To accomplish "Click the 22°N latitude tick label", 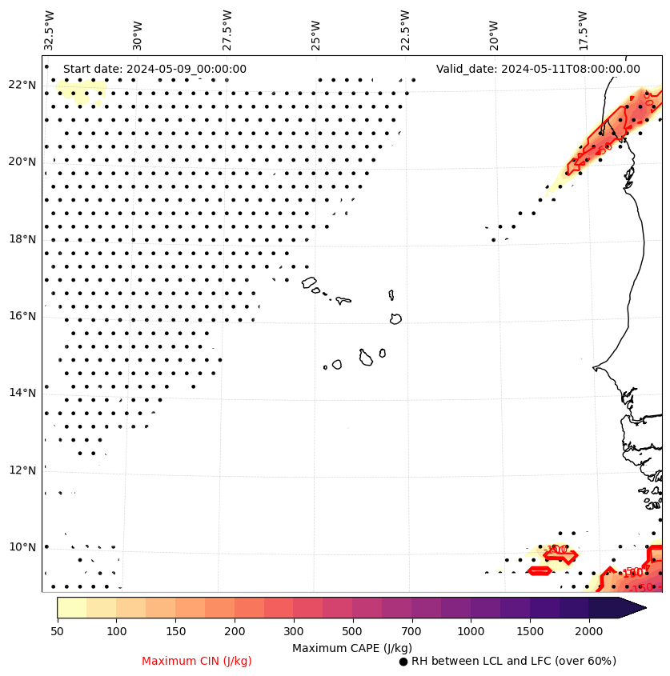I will coord(22,85).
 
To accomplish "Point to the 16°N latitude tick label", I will coord(22,316).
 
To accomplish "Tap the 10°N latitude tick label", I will coord(22,547).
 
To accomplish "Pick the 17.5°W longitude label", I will coord(582,29).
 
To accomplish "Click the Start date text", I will coord(154,69).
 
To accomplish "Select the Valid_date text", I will coord(538,69).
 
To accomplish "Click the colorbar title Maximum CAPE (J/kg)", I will coord(351,647).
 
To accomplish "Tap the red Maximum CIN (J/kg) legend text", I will coord(197,661).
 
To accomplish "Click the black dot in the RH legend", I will coord(403,662).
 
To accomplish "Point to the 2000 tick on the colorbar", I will coord(588,632).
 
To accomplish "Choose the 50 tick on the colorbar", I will coord(57,632).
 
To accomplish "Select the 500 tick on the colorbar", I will coord(352,632).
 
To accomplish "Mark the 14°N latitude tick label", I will coord(22,393).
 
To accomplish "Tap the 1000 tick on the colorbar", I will coord(471,632).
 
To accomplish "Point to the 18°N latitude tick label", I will coord(22,239).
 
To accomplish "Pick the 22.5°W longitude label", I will coord(404,29).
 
